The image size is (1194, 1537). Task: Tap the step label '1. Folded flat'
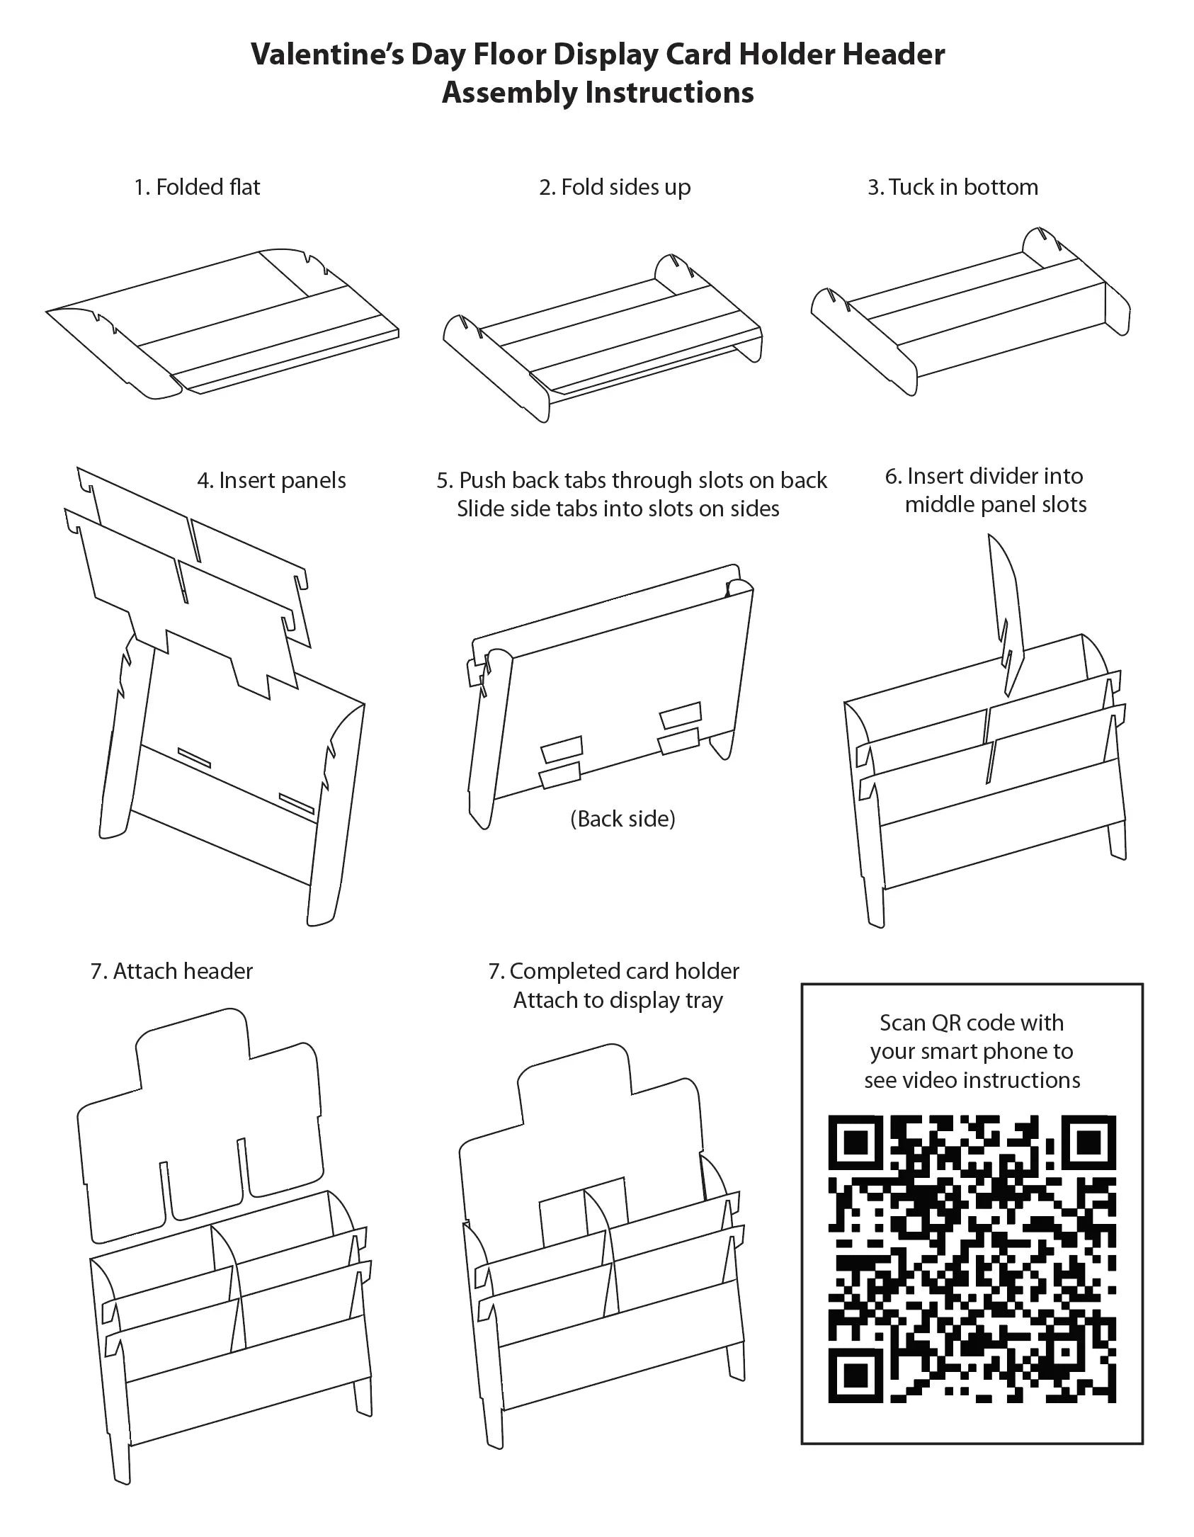pyautogui.click(x=197, y=187)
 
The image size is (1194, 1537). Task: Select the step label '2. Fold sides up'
pyautogui.click(x=614, y=187)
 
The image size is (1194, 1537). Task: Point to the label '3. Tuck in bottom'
pyautogui.click(x=953, y=187)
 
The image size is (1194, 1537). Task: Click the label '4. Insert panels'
pyautogui.click(x=271, y=480)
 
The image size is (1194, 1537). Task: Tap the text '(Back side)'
pyautogui.click(x=622, y=819)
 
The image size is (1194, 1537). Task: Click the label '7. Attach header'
pyautogui.click(x=171, y=970)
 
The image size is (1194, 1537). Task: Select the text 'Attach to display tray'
pyautogui.click(x=618, y=1001)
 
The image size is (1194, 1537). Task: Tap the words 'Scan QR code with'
pyautogui.click(x=971, y=1023)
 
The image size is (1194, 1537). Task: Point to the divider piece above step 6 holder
pyautogui.click(x=1008, y=609)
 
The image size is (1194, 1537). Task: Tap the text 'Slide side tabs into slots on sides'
pyautogui.click(x=618, y=509)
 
